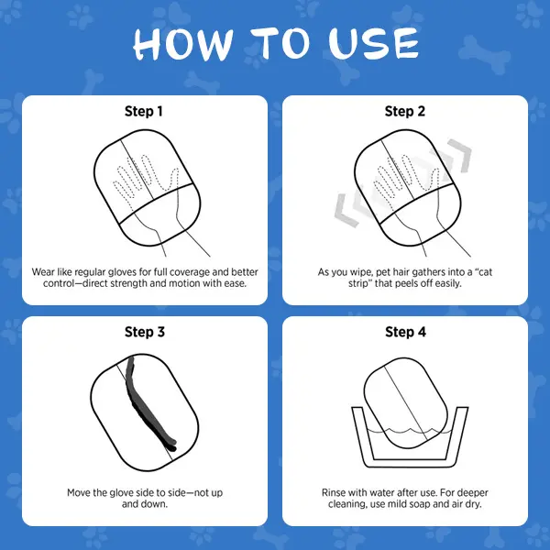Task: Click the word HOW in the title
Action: click(x=182, y=44)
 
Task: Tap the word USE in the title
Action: click(x=374, y=43)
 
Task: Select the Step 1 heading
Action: click(x=144, y=111)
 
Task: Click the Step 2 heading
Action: click(x=405, y=111)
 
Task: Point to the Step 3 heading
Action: click(x=145, y=332)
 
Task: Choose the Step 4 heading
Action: click(x=405, y=332)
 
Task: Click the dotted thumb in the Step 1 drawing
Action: click(x=172, y=179)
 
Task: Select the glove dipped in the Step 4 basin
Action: click(x=406, y=402)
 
